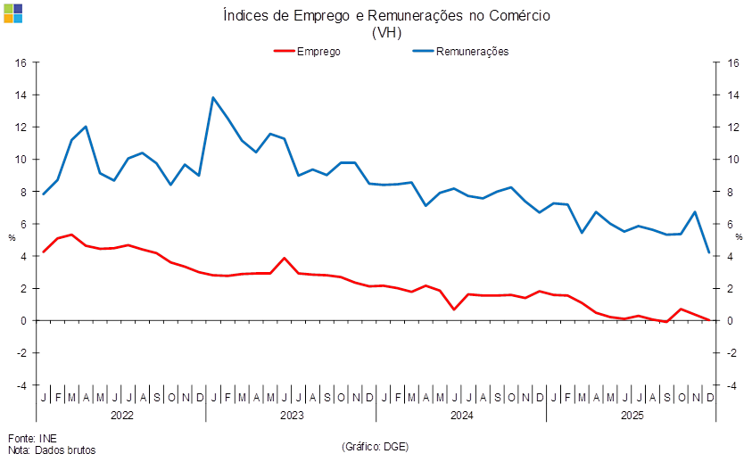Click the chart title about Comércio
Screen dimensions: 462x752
pos(385,16)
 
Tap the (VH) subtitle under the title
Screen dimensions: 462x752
pos(385,32)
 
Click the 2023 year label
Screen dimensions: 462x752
pos(291,416)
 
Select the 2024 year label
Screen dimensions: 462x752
pos(460,416)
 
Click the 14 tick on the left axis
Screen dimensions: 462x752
pos(22,95)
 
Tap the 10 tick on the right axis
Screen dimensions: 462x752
pos(732,160)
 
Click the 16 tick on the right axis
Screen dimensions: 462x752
pos(732,62)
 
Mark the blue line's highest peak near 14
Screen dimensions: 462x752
pos(213,98)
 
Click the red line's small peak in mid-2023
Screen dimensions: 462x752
pos(284,259)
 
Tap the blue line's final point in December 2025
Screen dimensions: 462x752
pos(709,252)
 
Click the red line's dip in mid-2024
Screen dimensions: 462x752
pos(454,309)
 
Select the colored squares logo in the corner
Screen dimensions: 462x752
pos(13,13)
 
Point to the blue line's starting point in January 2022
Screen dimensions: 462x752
pos(44,194)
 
